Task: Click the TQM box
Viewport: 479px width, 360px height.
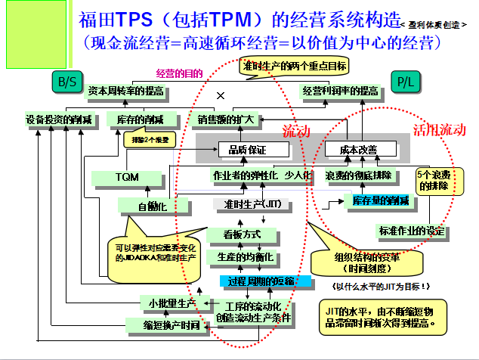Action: click(126, 178)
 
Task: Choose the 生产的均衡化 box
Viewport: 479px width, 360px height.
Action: click(245, 256)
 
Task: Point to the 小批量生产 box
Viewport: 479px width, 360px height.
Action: click(170, 303)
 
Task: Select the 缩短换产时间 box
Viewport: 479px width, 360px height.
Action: click(163, 325)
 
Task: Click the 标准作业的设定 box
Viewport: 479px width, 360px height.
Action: click(411, 230)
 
